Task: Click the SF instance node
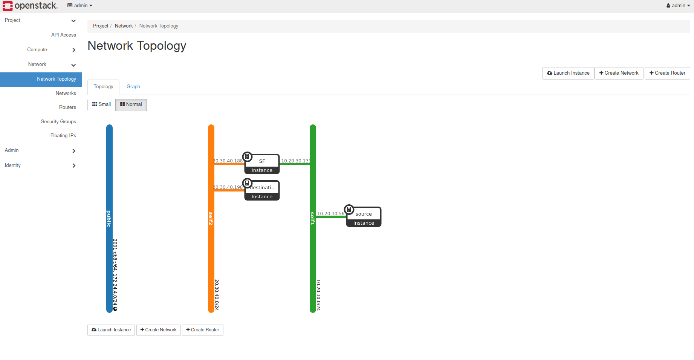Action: tap(262, 164)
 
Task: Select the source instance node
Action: tap(364, 217)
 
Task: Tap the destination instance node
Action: tap(262, 190)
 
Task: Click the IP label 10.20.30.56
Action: tap(330, 213)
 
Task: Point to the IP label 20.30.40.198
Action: tap(228, 187)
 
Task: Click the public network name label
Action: tap(109, 219)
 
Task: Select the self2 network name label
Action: tap(211, 219)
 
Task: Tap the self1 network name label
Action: tap(313, 219)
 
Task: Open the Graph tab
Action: tap(133, 87)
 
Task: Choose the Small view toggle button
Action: tap(101, 104)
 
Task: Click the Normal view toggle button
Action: tap(131, 104)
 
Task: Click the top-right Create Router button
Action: tap(667, 73)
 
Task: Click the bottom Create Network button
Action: tap(158, 330)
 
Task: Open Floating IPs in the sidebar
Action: tap(63, 136)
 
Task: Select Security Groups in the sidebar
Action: tap(58, 121)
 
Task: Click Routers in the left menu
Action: tap(67, 107)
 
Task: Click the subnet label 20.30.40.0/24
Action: tap(217, 295)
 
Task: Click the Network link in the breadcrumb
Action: tap(124, 26)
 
